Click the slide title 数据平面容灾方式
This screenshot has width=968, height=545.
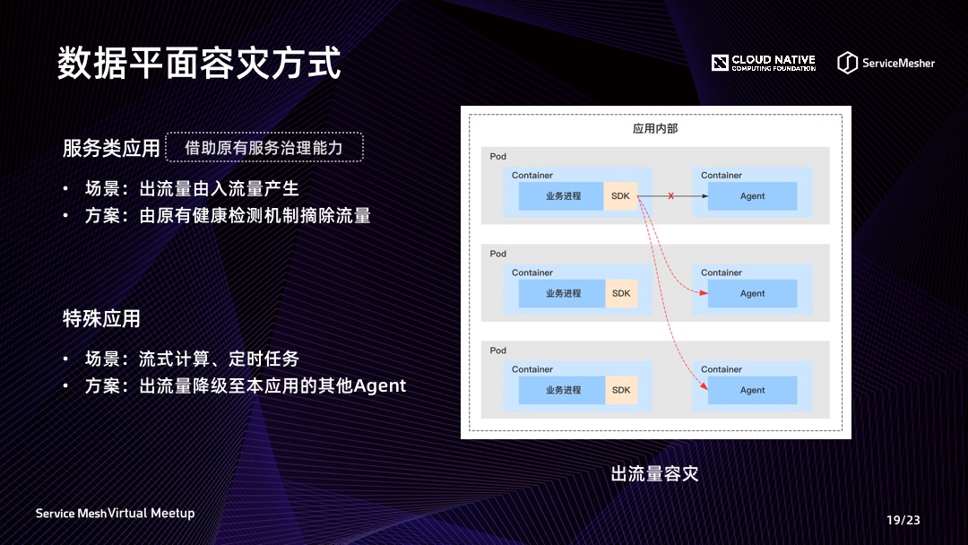coord(199,64)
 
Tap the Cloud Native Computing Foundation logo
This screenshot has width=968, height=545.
coord(764,63)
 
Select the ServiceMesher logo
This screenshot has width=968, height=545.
coord(886,63)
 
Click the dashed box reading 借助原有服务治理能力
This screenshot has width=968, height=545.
coord(264,148)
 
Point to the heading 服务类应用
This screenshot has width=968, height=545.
coord(111,149)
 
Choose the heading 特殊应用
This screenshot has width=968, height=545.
coord(101,318)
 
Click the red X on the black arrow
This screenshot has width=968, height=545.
coord(670,195)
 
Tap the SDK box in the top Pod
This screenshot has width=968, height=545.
coord(620,196)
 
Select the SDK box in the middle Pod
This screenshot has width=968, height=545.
coord(620,293)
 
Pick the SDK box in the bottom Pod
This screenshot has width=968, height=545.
coord(620,390)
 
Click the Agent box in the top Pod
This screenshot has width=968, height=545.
coord(752,196)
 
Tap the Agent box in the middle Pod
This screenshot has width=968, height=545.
coord(752,293)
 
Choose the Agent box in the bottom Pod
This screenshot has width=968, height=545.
coord(752,390)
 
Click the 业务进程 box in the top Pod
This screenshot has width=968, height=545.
coord(562,196)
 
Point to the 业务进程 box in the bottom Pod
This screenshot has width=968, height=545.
coord(562,390)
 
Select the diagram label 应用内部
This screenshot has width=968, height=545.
coord(655,128)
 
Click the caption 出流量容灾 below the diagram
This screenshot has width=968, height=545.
coord(654,473)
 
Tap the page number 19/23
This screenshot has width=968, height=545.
coord(903,520)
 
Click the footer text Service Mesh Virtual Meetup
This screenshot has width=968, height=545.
coord(115,514)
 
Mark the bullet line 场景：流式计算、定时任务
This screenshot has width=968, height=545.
coord(192,359)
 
